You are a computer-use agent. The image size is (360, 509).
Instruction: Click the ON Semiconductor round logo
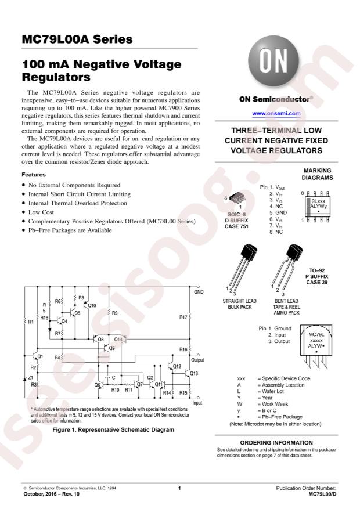pyautogui.click(x=273, y=61)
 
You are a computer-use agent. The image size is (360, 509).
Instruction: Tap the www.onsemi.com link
pyautogui.click(x=276, y=114)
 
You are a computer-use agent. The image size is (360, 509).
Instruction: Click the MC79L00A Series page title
pyautogui.click(x=77, y=39)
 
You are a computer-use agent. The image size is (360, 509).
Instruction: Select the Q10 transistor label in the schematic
pyautogui.click(x=92, y=305)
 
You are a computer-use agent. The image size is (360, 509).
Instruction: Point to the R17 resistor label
pyautogui.click(x=183, y=317)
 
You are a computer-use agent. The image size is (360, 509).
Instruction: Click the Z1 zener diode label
pyautogui.click(x=31, y=377)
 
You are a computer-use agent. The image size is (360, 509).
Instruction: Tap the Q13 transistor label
pyautogui.click(x=194, y=373)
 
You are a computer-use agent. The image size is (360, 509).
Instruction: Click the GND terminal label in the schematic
pyautogui.click(x=199, y=292)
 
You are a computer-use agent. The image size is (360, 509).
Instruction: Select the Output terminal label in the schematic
pyautogui.click(x=197, y=360)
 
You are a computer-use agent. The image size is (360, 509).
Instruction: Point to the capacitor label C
pyautogui.click(x=114, y=377)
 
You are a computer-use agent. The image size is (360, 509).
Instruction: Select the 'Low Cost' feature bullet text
pyautogui.click(x=41, y=212)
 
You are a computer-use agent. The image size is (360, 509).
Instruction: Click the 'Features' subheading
pyautogui.click(x=34, y=175)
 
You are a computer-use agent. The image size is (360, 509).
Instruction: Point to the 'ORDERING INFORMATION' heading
pyautogui.click(x=276, y=442)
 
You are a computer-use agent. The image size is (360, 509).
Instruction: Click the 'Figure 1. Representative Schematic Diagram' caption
pyautogui.click(x=113, y=430)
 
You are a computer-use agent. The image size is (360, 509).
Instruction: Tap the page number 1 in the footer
pyautogui.click(x=179, y=488)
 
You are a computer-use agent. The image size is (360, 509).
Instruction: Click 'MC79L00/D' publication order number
pyautogui.click(x=322, y=494)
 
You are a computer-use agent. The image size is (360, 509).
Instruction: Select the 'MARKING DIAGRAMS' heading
pyautogui.click(x=317, y=174)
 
